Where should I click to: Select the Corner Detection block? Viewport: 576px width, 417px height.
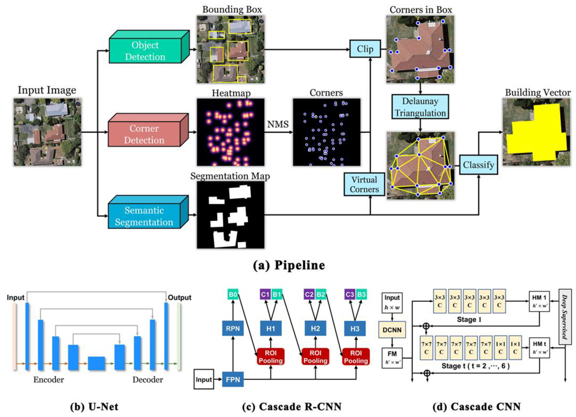(x=144, y=134)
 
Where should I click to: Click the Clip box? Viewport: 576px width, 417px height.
(x=365, y=49)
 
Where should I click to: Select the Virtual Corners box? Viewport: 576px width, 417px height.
(x=364, y=184)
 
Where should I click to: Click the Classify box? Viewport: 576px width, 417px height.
(x=478, y=165)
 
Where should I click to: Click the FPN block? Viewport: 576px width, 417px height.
(x=233, y=379)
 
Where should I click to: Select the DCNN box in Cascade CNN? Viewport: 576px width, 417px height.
(x=392, y=330)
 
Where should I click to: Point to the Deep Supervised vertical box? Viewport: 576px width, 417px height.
(x=565, y=317)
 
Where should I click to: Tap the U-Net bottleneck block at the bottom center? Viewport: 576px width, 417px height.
(x=96, y=363)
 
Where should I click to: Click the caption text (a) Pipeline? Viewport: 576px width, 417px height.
(x=289, y=265)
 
